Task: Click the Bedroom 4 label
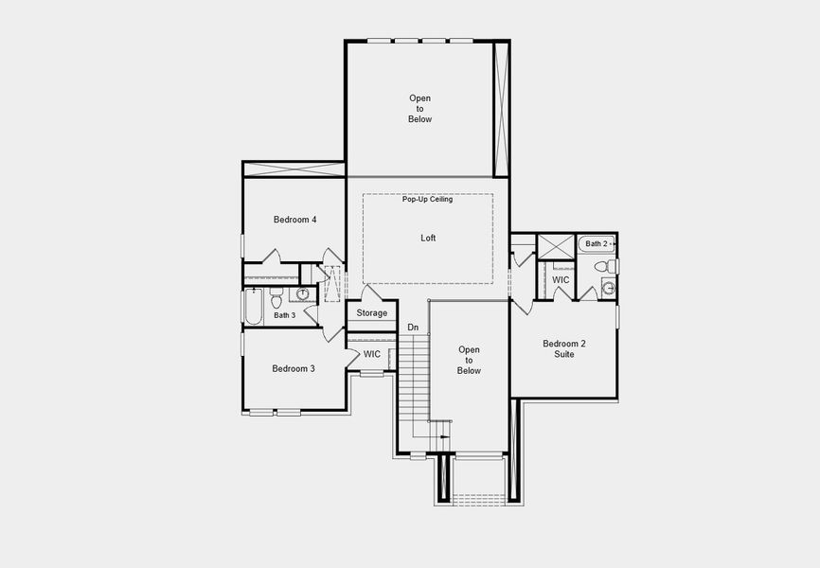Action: point(294,220)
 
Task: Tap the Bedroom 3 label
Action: point(294,368)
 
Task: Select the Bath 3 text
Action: point(285,315)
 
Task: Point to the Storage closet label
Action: point(371,313)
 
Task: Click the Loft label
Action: point(428,239)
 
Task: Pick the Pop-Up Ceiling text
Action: point(427,200)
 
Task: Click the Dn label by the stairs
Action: point(413,328)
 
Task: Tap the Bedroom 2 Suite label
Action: point(564,348)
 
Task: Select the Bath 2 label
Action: point(596,244)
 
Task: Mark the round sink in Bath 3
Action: point(303,293)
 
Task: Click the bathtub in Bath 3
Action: point(253,306)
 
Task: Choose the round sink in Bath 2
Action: point(608,288)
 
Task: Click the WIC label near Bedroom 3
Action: point(372,354)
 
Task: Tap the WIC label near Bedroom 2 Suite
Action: point(561,280)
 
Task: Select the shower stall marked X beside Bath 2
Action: point(556,246)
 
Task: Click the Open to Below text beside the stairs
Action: point(469,360)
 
